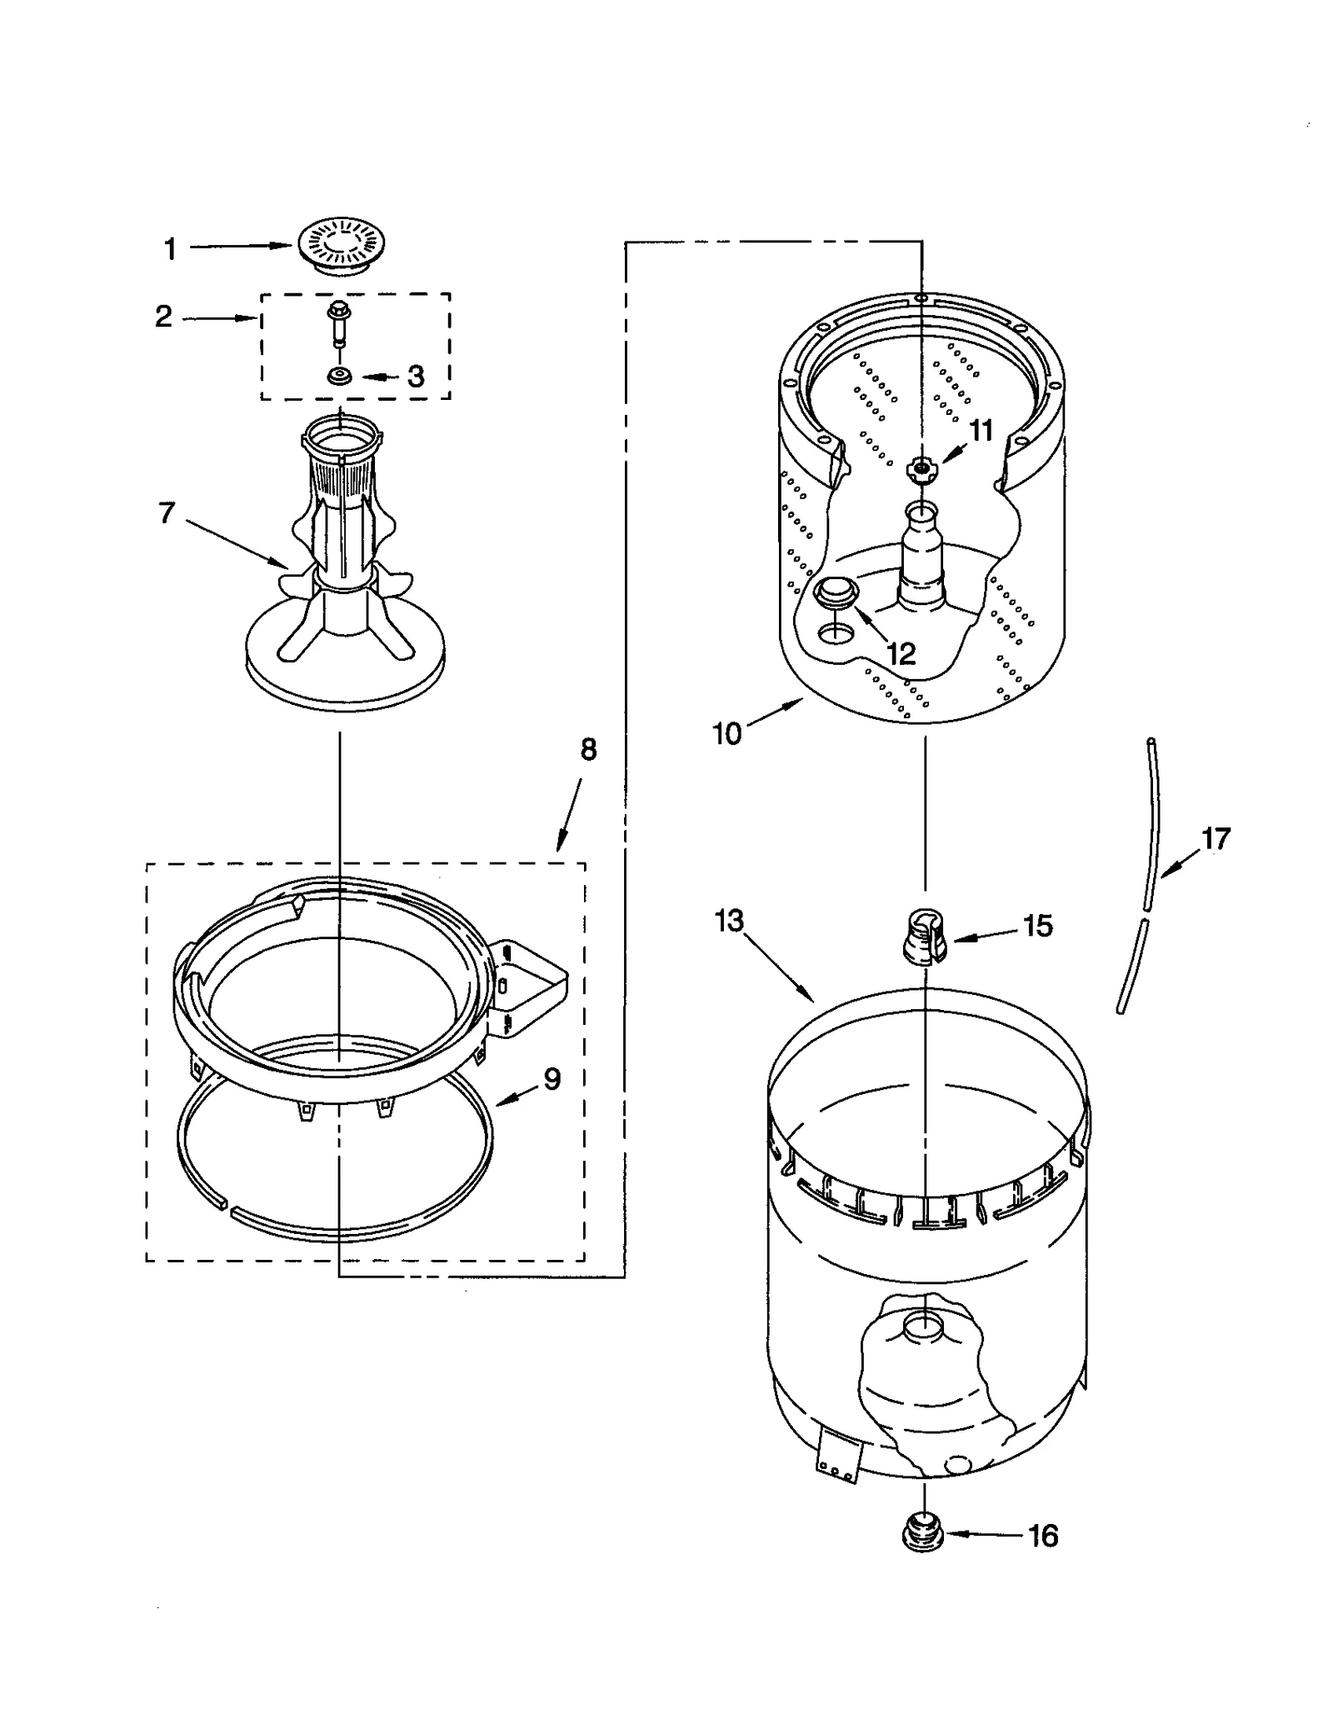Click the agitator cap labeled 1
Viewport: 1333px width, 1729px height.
tap(342, 245)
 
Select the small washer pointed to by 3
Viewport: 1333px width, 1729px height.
tap(340, 377)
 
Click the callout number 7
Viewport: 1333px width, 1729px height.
tap(167, 512)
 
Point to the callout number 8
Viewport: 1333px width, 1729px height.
tap(588, 750)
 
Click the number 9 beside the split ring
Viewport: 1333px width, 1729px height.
tap(552, 1079)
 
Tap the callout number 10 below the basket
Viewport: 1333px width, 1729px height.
tap(726, 733)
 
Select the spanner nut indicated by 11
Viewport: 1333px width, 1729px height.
tap(920, 469)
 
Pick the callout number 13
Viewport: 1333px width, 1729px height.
tap(729, 921)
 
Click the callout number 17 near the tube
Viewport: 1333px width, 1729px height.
tap(1216, 838)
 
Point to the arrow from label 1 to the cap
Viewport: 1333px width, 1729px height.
tap(242, 246)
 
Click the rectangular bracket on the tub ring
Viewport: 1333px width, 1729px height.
tap(528, 987)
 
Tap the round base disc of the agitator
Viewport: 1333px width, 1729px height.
tap(345, 675)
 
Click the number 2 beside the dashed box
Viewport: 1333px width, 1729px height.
tap(163, 316)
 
